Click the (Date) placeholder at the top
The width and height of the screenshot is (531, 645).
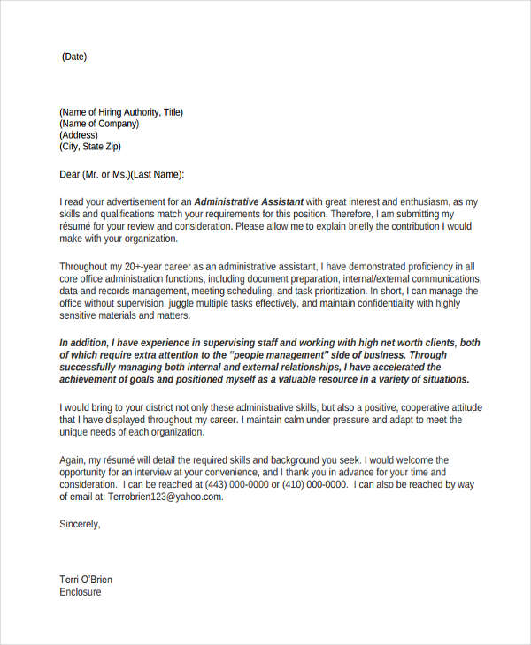click(x=74, y=57)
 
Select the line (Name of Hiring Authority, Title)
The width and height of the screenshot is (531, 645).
click(x=121, y=112)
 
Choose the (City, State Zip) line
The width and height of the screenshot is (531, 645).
click(x=90, y=147)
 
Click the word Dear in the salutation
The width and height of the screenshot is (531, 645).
click(x=70, y=175)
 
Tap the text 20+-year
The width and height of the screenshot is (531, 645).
click(x=149, y=266)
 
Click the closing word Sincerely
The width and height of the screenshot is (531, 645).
click(x=80, y=524)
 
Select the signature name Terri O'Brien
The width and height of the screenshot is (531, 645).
click(x=86, y=580)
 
